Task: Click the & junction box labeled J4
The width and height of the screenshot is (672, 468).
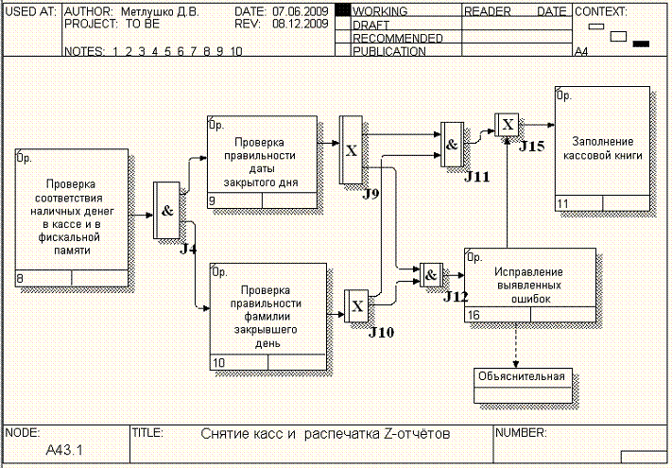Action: point(167,211)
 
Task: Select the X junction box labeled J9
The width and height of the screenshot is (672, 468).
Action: point(351,150)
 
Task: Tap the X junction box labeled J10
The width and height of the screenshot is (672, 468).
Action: point(357,306)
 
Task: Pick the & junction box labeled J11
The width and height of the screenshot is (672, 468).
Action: point(452,145)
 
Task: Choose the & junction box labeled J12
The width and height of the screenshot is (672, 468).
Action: point(431,275)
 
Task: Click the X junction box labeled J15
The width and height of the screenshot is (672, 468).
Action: point(508,124)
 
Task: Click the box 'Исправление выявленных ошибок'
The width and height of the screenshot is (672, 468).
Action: point(529,285)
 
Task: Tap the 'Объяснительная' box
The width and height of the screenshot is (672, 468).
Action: point(521,376)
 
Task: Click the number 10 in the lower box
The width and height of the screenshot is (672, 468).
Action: point(218,362)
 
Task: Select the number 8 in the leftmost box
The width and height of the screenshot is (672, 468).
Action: point(20,278)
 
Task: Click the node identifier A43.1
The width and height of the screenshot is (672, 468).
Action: point(64,450)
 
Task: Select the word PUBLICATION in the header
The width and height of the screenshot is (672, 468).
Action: point(388,52)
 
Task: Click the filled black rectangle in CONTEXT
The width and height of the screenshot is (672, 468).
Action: point(641,43)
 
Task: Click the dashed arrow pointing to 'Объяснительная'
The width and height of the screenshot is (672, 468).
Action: point(515,345)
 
